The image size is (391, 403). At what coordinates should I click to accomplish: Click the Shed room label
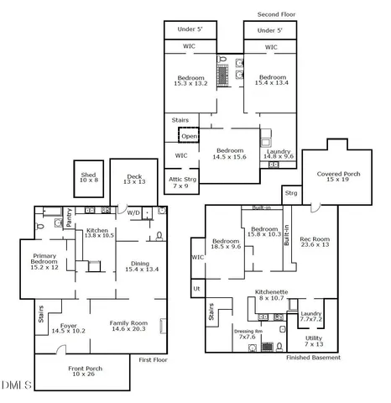[89, 178]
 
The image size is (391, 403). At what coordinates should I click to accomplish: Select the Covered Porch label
[337, 176]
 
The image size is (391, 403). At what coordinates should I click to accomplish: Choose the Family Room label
[128, 326]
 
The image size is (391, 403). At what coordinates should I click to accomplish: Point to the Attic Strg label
[182, 183]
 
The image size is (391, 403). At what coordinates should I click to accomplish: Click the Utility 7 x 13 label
[314, 341]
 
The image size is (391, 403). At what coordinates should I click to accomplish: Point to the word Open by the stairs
[190, 136]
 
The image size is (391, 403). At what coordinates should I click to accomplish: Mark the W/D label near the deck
[133, 212]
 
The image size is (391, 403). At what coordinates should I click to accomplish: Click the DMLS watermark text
[15, 385]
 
